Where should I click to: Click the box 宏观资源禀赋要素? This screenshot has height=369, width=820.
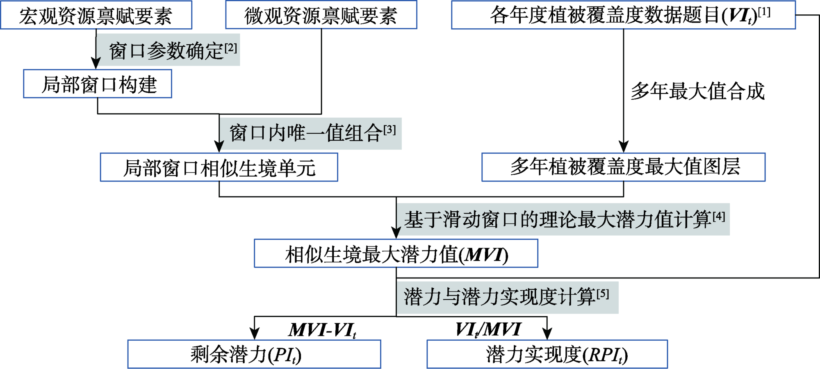tap(96, 15)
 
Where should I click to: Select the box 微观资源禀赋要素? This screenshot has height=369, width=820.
tap(321, 15)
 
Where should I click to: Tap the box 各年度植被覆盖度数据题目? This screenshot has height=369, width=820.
tap(623, 15)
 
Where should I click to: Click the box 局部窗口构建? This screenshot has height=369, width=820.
tap(98, 84)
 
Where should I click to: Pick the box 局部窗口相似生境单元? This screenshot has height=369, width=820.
tap(219, 167)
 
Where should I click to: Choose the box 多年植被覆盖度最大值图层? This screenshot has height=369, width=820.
tap(623, 167)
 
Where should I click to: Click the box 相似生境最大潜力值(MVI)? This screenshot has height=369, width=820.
tap(396, 254)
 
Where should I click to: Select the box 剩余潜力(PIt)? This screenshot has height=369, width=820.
tap(254, 354)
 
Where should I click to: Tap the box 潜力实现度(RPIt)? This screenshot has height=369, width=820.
tap(547, 354)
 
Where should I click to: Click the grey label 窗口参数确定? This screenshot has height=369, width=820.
tap(168, 50)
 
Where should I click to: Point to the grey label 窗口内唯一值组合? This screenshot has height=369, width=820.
tap(310, 134)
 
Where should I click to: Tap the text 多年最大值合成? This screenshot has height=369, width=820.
tap(697, 91)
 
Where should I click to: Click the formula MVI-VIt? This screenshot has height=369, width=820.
tap(322, 330)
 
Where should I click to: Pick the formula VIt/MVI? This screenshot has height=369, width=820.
tap(488, 329)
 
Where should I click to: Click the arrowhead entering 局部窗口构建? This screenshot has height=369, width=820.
tap(96, 64)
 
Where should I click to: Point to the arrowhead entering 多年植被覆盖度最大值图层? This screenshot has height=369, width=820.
tap(624, 147)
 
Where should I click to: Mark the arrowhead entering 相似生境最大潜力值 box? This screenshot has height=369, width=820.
tap(396, 233)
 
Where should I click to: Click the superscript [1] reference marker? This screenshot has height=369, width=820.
tap(764, 12)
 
